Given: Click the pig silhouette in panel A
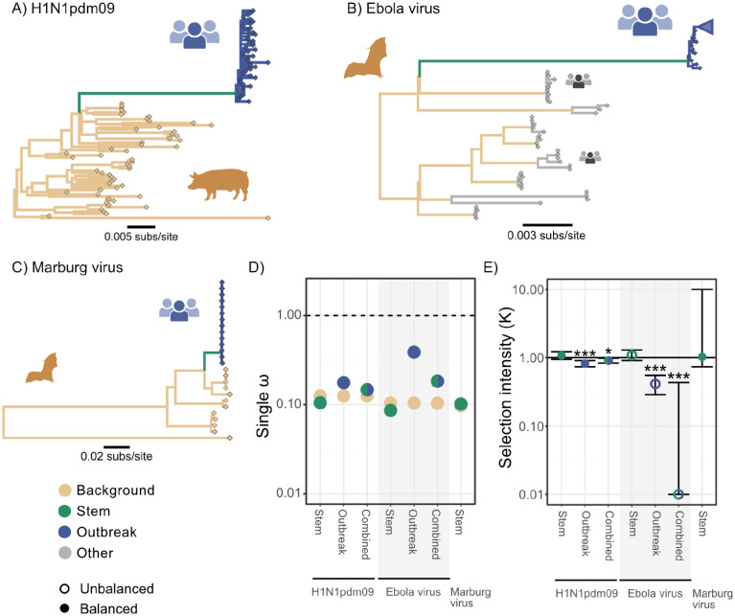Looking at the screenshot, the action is coord(218,184).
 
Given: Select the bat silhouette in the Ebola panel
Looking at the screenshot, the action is coord(366,58).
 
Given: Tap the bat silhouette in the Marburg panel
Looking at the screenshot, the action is coord(42,368).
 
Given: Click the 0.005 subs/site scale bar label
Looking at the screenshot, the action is coord(141,237).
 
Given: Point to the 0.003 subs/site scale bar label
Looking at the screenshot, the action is coord(546,235).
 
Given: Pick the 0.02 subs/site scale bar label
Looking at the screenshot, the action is coord(116,456).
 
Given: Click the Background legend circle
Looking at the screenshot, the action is coord(65,491).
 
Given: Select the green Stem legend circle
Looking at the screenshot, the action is coord(65,511).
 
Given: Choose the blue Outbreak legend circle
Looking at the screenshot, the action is coord(65,532).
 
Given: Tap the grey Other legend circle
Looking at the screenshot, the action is coord(65,553).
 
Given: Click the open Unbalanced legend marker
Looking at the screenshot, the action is coord(65,589).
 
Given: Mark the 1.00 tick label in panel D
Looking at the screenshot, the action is coord(288,315).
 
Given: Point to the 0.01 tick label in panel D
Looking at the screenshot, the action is coord(288,492).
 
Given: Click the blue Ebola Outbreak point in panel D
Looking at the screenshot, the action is coord(414,353).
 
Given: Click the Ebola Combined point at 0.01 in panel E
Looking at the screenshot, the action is coord(678,493).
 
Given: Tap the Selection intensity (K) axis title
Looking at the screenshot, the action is coord(505,387).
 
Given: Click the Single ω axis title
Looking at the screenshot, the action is coord(264,407).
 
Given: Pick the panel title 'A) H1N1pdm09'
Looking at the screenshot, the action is coord(63,9).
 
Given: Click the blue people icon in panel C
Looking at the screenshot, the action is coord(179,309).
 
